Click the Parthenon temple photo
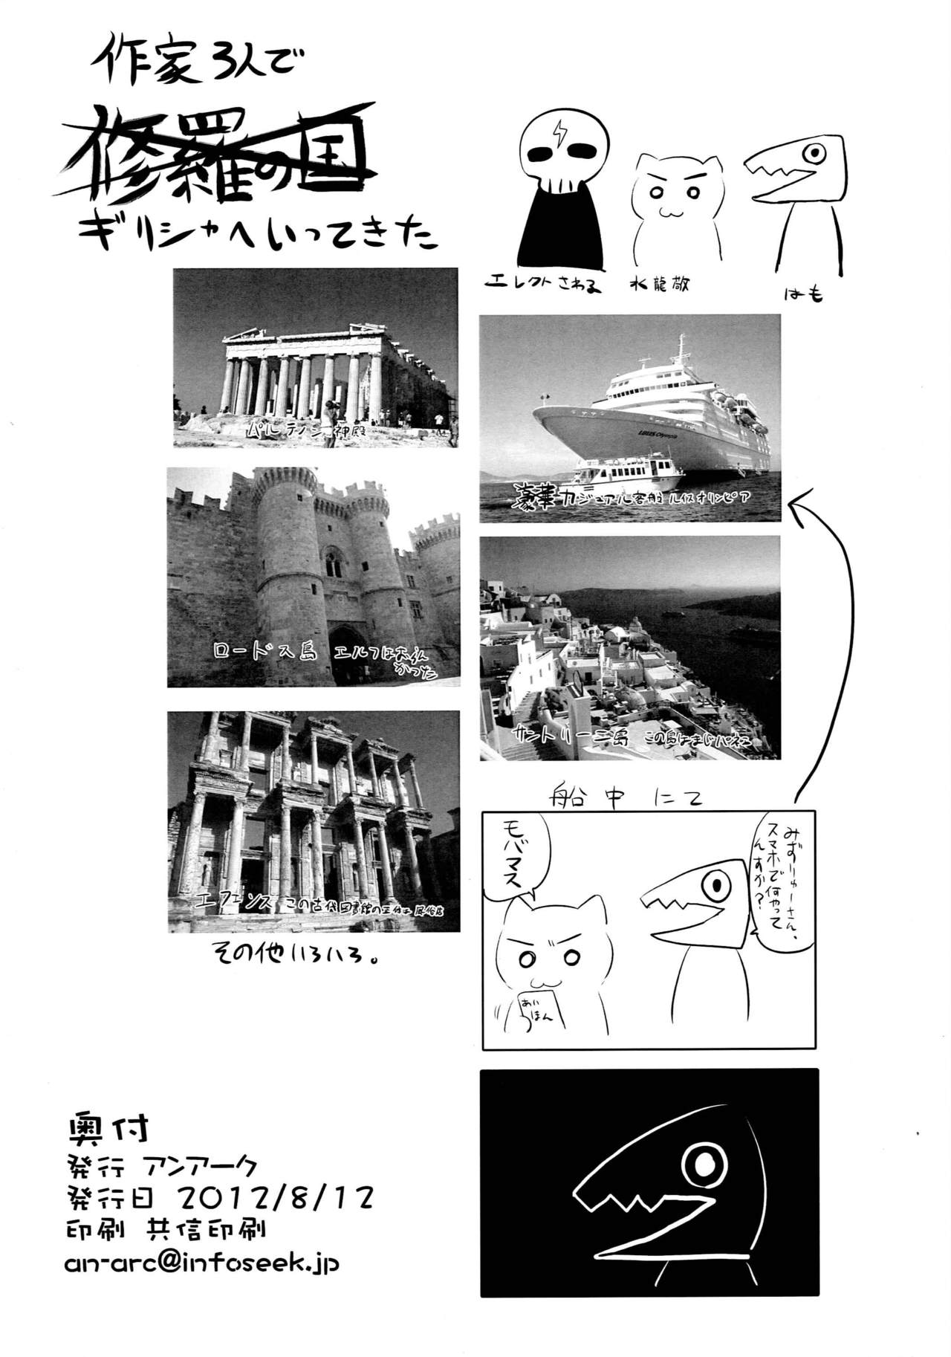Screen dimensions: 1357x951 click(x=315, y=357)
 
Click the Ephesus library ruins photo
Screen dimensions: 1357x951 click(x=313, y=820)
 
